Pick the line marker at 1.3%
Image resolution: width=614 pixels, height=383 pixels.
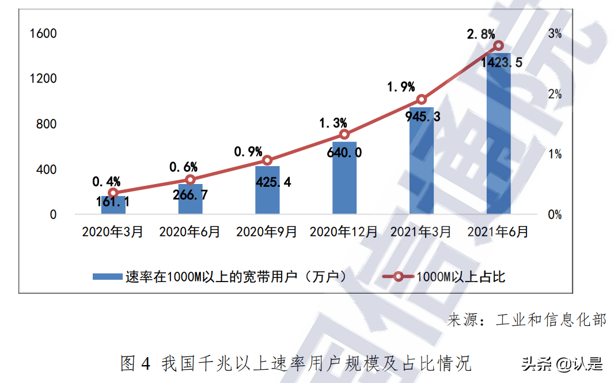[x=344, y=134]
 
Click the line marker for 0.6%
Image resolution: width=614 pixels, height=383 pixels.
[x=190, y=179]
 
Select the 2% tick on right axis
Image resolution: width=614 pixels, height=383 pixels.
[x=555, y=94]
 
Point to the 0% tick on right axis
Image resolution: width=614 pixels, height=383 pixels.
[x=555, y=215]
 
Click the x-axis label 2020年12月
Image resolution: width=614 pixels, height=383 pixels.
[x=344, y=232]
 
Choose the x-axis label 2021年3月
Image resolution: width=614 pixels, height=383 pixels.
[x=421, y=232]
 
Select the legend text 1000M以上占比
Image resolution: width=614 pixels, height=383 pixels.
[x=461, y=277]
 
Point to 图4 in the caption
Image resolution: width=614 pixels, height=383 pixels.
[x=136, y=363]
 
